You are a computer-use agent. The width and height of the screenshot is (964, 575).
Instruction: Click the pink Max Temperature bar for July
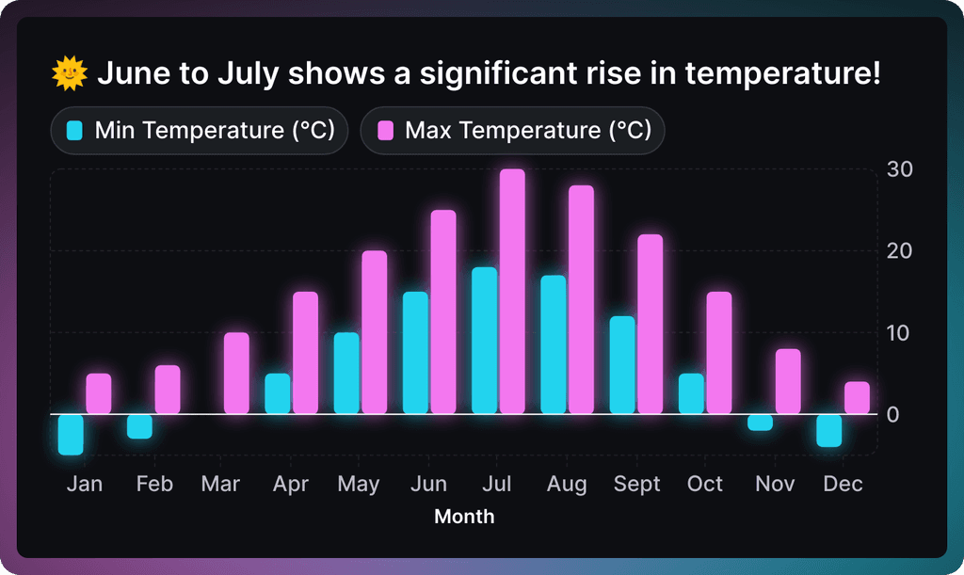pyautogui.click(x=512, y=292)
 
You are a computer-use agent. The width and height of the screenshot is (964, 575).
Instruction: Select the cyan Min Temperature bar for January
pyautogui.click(x=71, y=435)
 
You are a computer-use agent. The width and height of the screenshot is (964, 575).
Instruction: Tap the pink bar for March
pyautogui.click(x=236, y=373)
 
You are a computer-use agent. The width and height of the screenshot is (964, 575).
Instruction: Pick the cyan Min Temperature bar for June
pyautogui.click(x=415, y=353)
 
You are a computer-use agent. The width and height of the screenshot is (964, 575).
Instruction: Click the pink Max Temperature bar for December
pyautogui.click(x=857, y=397)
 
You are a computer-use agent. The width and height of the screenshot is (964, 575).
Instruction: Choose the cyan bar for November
pyautogui.click(x=760, y=423)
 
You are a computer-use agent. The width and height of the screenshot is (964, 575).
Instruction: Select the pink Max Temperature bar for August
pyautogui.click(x=581, y=299)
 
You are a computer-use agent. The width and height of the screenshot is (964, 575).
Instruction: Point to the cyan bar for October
pyautogui.click(x=691, y=393)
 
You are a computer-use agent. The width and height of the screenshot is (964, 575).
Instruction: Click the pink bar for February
pyautogui.click(x=168, y=390)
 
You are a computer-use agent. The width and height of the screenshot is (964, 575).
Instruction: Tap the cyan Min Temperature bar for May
pyautogui.click(x=346, y=373)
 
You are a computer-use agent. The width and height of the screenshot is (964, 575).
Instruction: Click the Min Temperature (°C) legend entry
pyautogui.click(x=200, y=130)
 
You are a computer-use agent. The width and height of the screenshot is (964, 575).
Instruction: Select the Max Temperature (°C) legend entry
pyautogui.click(x=512, y=130)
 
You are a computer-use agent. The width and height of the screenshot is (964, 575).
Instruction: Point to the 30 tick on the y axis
pyautogui.click(x=899, y=169)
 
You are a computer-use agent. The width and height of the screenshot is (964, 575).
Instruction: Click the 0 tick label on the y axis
pyautogui.click(x=893, y=414)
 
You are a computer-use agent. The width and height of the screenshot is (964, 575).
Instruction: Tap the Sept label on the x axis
pyautogui.click(x=637, y=484)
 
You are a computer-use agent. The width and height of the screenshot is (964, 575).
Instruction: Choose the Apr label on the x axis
pyautogui.click(x=291, y=484)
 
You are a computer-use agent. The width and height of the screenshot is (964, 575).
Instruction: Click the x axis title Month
pyautogui.click(x=464, y=516)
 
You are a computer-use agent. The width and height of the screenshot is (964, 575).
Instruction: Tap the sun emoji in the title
pyautogui.click(x=70, y=72)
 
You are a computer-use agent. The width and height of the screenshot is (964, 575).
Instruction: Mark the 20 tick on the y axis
pyautogui.click(x=899, y=251)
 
